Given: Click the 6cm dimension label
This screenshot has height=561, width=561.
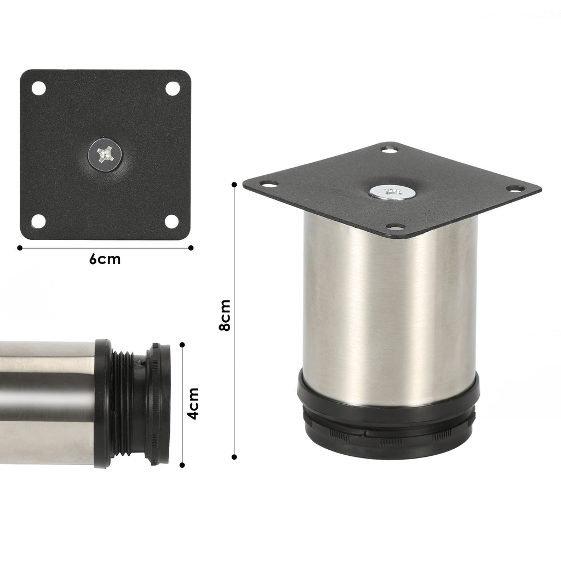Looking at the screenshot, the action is click(105, 259).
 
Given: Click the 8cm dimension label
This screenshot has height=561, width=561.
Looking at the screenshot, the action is click(225, 315).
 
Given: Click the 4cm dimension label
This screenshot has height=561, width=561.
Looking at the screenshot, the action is click(193, 403).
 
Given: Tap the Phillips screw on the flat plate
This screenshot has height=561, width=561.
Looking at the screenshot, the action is click(105, 154).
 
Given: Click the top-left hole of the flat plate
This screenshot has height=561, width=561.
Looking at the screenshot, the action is click(39, 88).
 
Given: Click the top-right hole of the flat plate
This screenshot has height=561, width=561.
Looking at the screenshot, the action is click(173, 88).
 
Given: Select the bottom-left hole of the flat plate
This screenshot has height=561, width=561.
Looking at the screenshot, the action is click(39, 221).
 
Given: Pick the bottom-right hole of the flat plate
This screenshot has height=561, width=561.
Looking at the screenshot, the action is click(171, 221).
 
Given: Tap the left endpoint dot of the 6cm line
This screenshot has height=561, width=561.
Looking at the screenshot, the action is click(20, 248).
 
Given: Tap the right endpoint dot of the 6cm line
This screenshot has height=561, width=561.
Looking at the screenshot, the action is click(191, 248).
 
